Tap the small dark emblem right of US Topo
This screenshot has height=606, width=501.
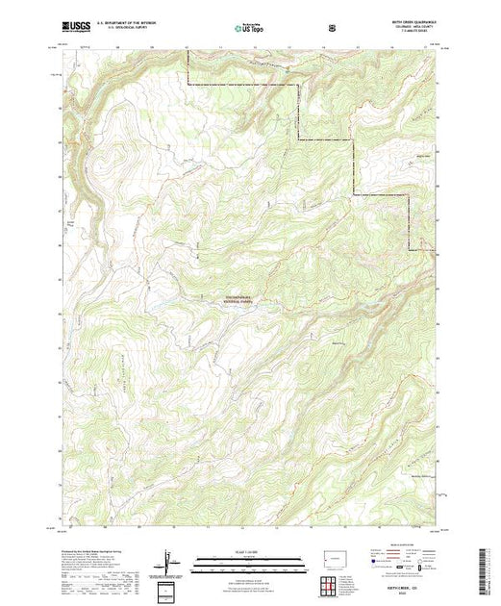point(332,28)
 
